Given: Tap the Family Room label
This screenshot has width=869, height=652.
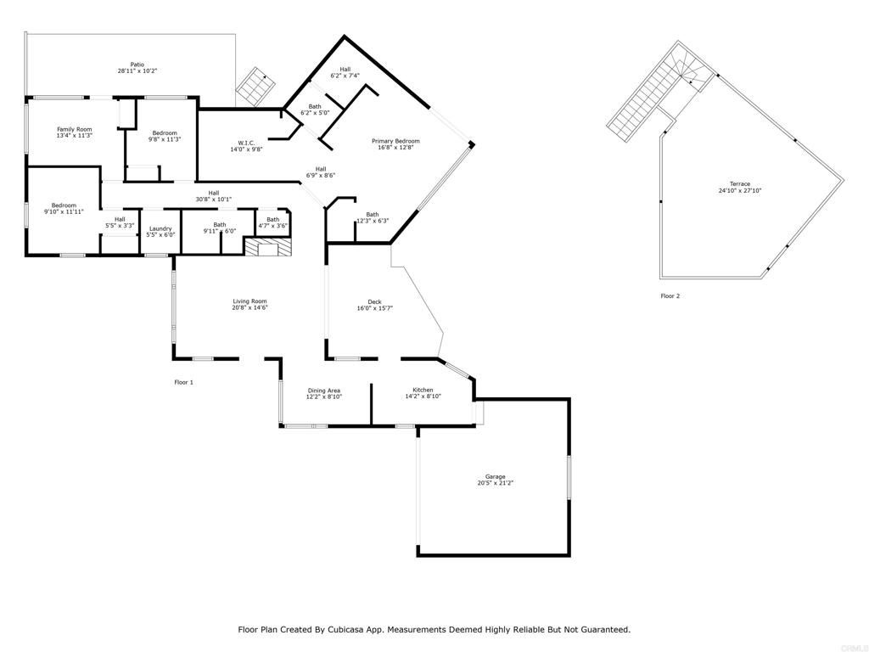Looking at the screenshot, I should [74, 129].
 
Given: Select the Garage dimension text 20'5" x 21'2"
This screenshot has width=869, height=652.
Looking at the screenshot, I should [496, 483].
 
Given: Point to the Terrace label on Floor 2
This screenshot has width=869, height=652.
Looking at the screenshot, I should [739, 184].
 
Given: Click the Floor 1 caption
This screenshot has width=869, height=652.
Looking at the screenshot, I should [183, 383].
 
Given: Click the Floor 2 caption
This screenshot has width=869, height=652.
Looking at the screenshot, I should [670, 296].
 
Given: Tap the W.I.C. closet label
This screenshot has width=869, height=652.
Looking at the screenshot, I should [246, 143].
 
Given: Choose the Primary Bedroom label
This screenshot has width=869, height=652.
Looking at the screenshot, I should [395, 141].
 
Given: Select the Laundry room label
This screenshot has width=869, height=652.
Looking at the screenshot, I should [160, 228].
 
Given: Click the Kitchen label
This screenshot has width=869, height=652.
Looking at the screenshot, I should [423, 391].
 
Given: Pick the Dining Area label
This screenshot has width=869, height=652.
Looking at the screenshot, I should [324, 391].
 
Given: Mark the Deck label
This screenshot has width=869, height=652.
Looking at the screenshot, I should [374, 302].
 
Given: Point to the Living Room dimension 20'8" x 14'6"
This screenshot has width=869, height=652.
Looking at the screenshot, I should [250, 307].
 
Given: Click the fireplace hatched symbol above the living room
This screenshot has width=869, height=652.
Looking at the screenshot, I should [268, 247].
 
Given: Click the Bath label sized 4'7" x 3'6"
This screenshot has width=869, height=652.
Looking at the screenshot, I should [272, 220].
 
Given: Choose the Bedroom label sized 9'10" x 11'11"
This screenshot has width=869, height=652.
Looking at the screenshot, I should [64, 205].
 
